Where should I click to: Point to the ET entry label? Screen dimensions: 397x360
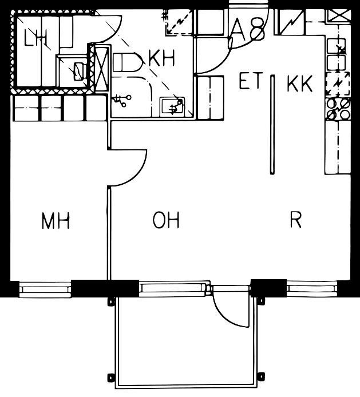click(250, 83)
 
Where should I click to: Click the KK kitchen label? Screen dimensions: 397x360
click(300, 85)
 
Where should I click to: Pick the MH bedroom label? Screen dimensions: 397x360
click(56, 221)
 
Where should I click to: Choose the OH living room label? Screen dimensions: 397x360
click(167, 220)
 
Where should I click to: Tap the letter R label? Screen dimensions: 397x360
click(295, 220)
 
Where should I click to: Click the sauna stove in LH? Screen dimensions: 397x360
click(78, 70)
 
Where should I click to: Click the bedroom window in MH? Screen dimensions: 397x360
click(45, 289)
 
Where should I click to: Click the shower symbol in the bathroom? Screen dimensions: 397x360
click(121, 100)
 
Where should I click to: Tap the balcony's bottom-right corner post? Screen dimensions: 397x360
click(262, 376)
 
